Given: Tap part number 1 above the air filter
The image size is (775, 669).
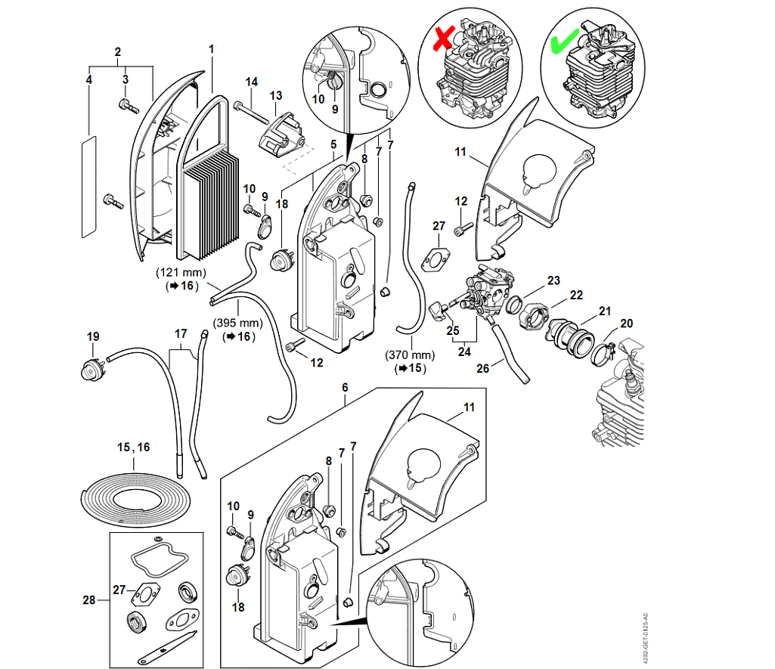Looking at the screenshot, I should point(212,50).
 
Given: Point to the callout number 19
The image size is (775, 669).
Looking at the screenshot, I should point(93,336).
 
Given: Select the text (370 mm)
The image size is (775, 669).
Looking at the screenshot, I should point(411,355).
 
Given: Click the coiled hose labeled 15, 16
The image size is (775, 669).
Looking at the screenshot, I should point(134,500).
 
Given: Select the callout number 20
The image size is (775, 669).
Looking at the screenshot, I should point(627,324).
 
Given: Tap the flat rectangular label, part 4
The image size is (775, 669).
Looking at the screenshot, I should point(88,186).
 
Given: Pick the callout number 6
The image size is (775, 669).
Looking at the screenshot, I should point(345,387).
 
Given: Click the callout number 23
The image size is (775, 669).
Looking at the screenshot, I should point(553,280).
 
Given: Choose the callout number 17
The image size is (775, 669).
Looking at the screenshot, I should point(180,333).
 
